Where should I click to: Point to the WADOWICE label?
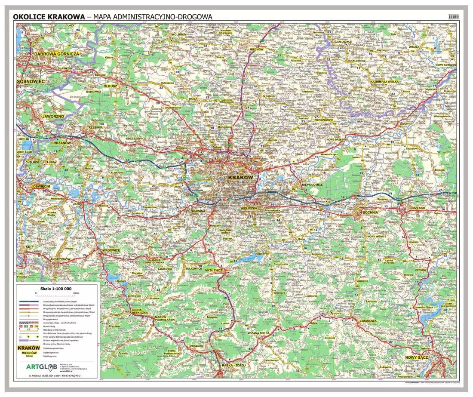(x=111, y=250)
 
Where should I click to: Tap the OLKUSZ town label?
(x=110, y=86)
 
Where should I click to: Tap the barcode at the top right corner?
(x=453, y=17)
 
